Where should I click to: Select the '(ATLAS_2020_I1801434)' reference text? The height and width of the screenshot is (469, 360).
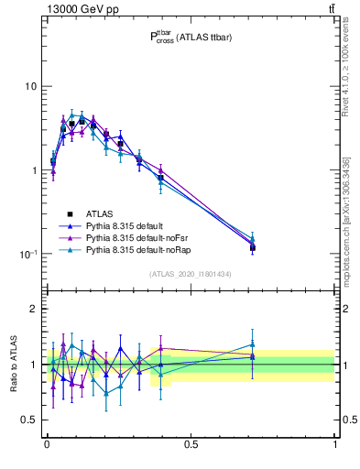click(x=191, y=274)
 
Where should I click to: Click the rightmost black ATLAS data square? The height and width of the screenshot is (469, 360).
click(x=252, y=247)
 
